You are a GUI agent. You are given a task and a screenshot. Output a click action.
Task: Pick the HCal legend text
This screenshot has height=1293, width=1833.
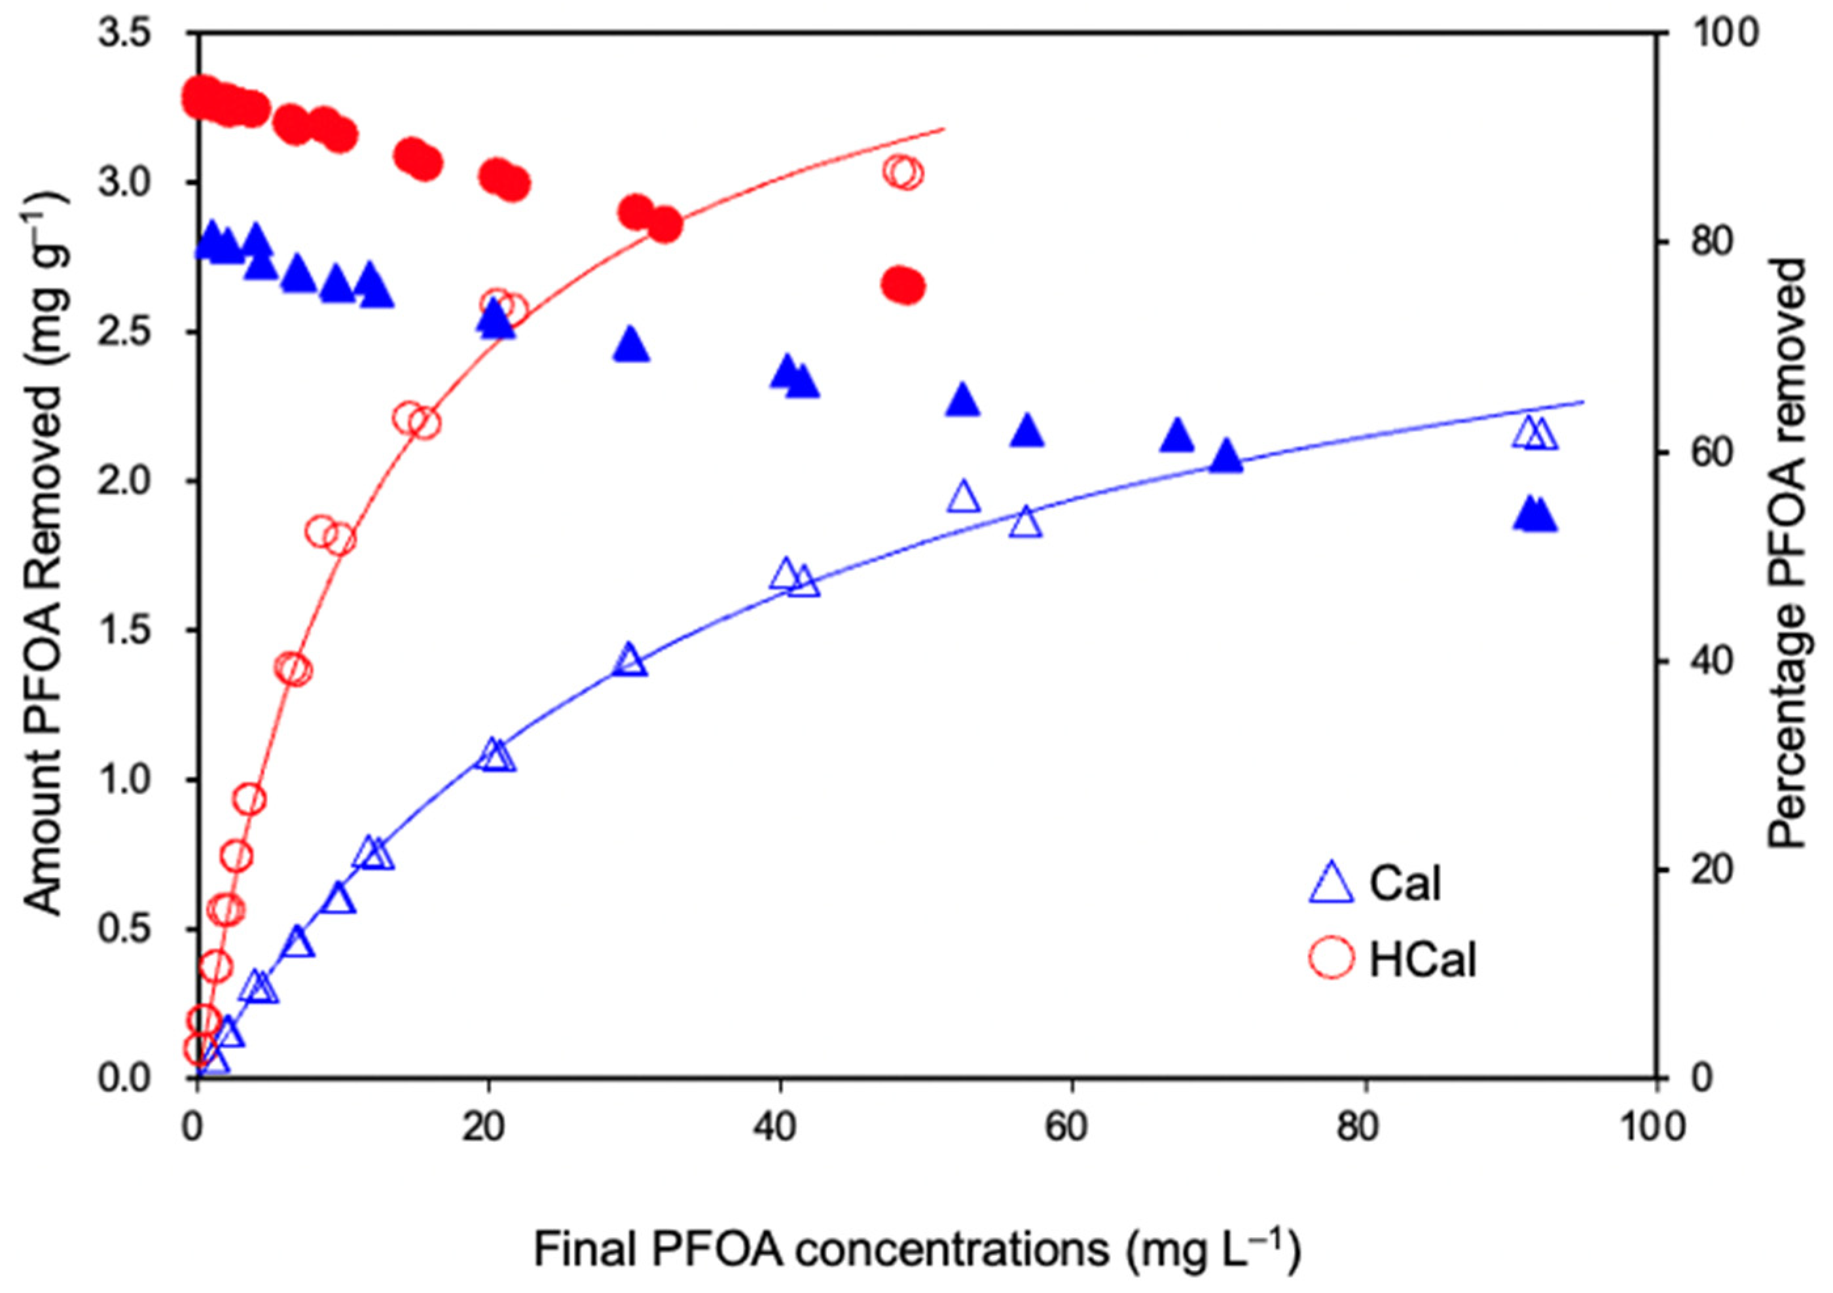coord(1423,960)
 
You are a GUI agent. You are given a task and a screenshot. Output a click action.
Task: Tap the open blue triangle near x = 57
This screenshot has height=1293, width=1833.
coord(1026,523)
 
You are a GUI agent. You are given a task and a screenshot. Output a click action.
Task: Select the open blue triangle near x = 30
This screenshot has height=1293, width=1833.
coord(630,660)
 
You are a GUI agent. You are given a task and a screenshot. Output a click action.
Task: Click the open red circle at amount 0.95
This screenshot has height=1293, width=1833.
coord(249,798)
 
